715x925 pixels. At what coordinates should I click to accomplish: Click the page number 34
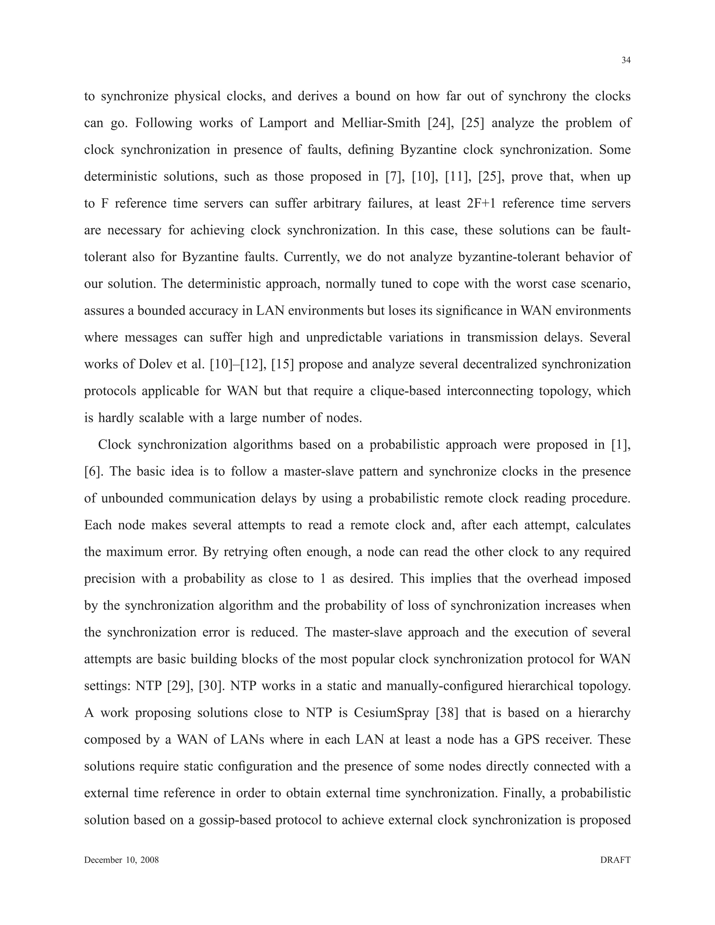coord(626,61)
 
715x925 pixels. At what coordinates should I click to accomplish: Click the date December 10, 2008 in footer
coord(121,860)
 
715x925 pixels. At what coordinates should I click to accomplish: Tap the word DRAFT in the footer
coord(615,860)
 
